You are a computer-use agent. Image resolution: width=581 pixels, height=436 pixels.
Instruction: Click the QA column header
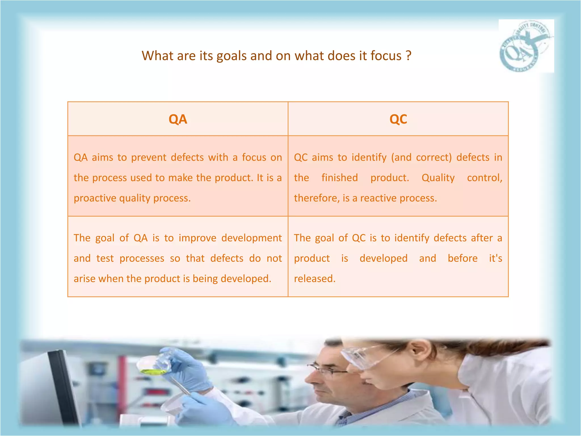click(x=178, y=119)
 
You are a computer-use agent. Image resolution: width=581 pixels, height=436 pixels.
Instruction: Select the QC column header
click(x=398, y=119)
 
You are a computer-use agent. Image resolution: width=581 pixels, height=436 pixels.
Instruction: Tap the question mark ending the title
click(x=408, y=56)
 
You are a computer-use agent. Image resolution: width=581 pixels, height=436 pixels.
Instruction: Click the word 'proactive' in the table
click(x=95, y=198)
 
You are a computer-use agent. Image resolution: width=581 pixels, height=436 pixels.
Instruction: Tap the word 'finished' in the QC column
click(x=340, y=178)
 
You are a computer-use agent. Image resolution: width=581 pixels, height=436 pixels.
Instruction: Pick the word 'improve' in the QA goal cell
click(x=197, y=238)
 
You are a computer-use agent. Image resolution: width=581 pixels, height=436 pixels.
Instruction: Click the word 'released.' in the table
click(x=315, y=279)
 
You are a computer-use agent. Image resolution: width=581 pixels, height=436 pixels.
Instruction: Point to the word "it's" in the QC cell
click(x=495, y=258)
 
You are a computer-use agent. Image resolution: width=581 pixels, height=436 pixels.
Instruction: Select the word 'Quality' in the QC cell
click(x=438, y=178)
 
